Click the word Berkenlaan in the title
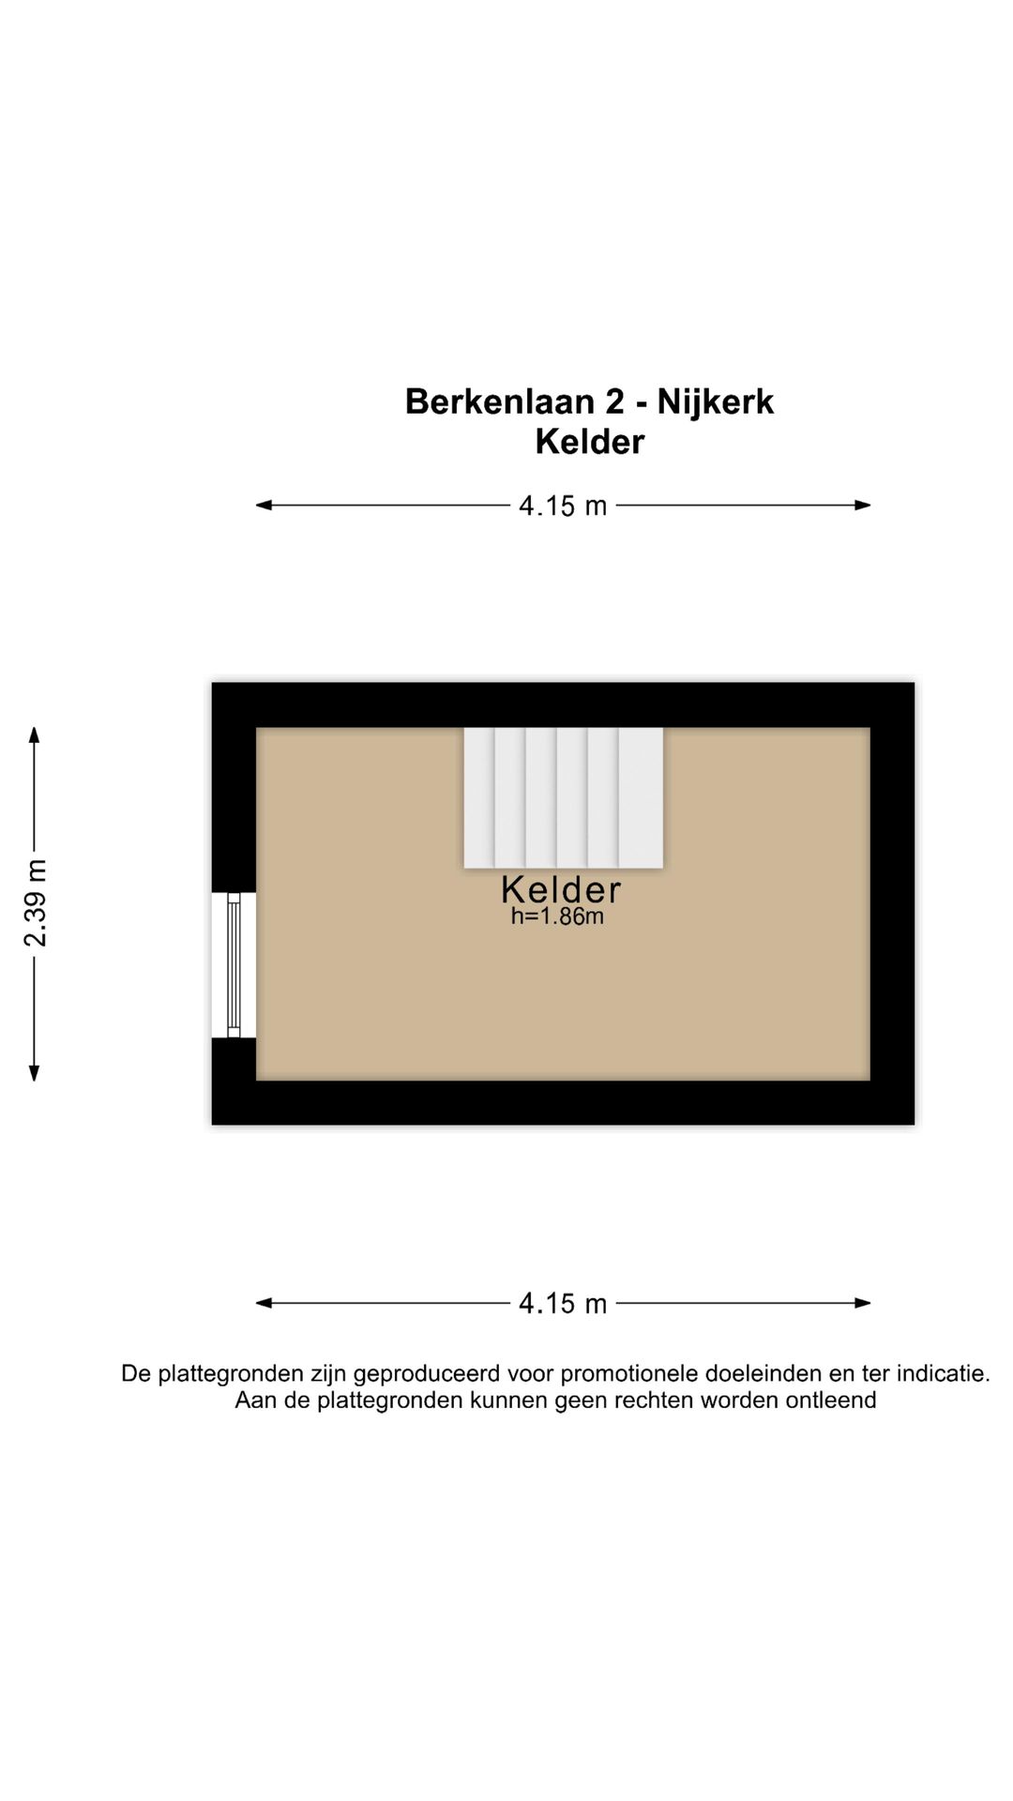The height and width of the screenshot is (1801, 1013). pyautogui.click(x=500, y=401)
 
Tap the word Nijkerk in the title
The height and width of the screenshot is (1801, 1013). pyautogui.click(x=715, y=401)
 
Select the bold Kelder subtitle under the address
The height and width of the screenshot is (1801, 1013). pyautogui.click(x=589, y=442)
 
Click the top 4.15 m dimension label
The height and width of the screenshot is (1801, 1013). pyautogui.click(x=563, y=506)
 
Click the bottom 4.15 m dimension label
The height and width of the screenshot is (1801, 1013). pyautogui.click(x=563, y=1303)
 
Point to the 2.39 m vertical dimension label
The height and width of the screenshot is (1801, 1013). pyautogui.click(x=35, y=903)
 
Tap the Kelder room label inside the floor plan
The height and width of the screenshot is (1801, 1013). pyautogui.click(x=561, y=889)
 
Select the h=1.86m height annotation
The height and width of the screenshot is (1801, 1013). pyautogui.click(x=557, y=916)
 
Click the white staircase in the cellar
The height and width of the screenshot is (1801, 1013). pyautogui.click(x=563, y=797)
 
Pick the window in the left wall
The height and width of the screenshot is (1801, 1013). pyautogui.click(x=234, y=964)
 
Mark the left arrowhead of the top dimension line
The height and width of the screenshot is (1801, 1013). pyautogui.click(x=263, y=505)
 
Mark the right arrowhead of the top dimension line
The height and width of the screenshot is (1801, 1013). pyautogui.click(x=864, y=505)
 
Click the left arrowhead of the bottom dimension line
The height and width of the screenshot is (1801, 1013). pyautogui.click(x=263, y=1302)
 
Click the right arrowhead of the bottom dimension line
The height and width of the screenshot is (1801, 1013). pyautogui.click(x=864, y=1302)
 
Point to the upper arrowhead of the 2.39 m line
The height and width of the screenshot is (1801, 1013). pyautogui.click(x=34, y=734)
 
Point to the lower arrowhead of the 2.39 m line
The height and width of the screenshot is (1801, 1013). pyautogui.click(x=34, y=1074)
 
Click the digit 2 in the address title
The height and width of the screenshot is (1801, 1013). pyautogui.click(x=614, y=401)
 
